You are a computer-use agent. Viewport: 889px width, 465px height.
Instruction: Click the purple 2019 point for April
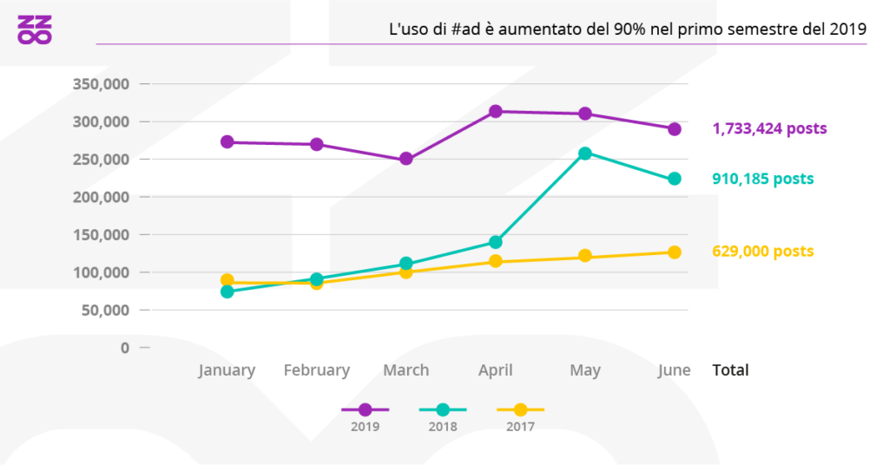[x=496, y=111]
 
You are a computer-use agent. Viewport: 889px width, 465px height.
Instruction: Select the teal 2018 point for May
[x=585, y=154]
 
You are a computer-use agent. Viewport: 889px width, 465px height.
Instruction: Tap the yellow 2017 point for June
[x=675, y=252]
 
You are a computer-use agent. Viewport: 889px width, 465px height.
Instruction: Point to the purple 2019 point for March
[x=406, y=160]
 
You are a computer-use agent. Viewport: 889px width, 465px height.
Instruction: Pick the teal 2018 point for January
[x=227, y=291]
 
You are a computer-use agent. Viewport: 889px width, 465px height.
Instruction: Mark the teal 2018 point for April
[x=496, y=242]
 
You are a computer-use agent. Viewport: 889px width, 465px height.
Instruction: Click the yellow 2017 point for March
[x=406, y=272]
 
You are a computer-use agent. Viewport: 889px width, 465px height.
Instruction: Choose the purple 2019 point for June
[x=675, y=129]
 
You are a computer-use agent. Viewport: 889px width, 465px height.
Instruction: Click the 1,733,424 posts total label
[x=769, y=128]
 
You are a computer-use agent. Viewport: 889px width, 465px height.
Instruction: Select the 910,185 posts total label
[x=763, y=179]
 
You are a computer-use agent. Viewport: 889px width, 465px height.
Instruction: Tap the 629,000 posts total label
[x=763, y=252]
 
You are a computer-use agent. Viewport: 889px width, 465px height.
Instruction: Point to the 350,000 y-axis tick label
[x=98, y=84]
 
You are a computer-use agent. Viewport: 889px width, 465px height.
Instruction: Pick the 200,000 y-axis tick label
[x=98, y=197]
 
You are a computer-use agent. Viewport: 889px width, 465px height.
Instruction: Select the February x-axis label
[x=317, y=370]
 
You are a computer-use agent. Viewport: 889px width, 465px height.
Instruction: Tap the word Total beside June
[x=730, y=370]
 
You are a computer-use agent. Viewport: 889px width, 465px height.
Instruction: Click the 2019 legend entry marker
[x=365, y=409]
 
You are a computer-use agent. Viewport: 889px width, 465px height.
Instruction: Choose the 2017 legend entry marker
[x=520, y=409]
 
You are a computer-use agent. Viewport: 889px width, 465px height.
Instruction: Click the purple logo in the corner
[x=35, y=29]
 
